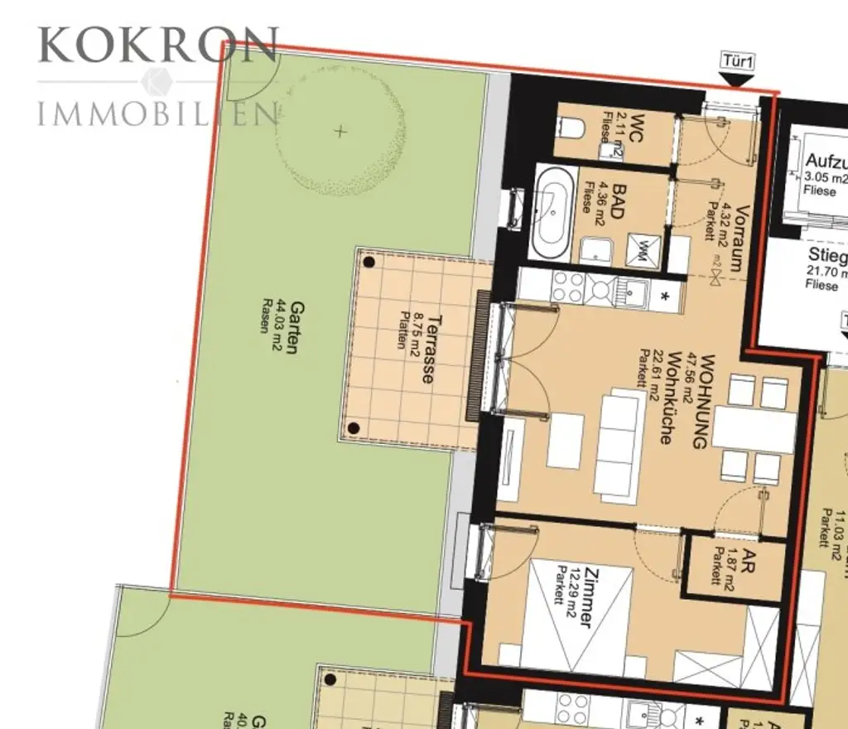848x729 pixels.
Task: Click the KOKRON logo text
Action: tap(157, 46)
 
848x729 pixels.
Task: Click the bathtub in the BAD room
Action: tap(550, 210)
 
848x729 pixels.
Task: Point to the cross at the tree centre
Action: tap(340, 131)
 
